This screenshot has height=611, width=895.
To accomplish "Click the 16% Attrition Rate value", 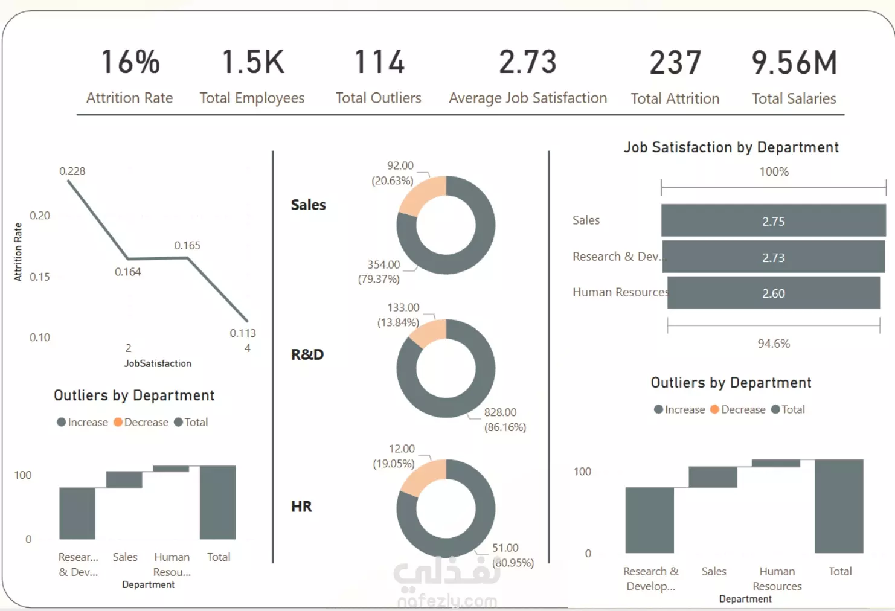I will click(x=130, y=62).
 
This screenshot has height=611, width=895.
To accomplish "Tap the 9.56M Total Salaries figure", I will click(x=794, y=63).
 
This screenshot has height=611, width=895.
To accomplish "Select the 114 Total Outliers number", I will click(x=379, y=62).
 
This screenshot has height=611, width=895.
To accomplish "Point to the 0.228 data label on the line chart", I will click(x=72, y=171).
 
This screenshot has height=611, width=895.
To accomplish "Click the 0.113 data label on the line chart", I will click(x=243, y=333).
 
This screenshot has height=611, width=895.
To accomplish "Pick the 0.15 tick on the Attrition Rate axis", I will click(x=40, y=277).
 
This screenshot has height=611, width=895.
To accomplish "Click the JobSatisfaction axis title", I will click(x=158, y=363).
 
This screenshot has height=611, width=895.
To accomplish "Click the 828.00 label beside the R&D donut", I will click(x=500, y=412).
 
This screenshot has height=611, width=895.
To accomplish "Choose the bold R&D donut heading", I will click(x=307, y=354).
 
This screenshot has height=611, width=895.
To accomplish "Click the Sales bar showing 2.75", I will click(x=773, y=221).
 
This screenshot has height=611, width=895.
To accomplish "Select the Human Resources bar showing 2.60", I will click(x=773, y=293).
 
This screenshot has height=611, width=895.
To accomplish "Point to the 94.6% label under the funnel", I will click(x=774, y=344).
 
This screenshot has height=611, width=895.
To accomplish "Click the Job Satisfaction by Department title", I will click(x=731, y=147).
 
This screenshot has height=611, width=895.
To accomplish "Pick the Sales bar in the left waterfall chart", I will click(x=124, y=480).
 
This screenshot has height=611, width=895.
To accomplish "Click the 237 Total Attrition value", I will click(x=675, y=63).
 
